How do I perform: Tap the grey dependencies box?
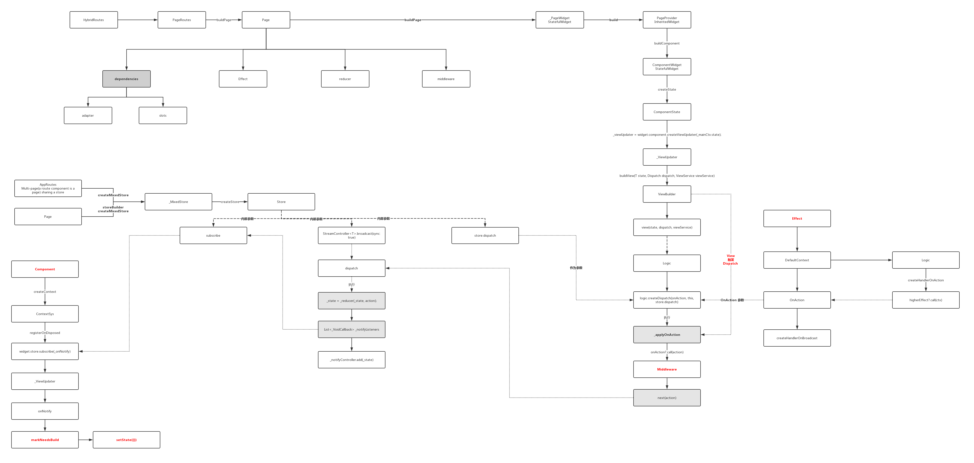point(126,79)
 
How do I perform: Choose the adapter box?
point(88,115)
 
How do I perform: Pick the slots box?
point(163,115)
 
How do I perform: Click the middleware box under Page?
point(446,79)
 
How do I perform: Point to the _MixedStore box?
point(178,202)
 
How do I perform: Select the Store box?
point(281,202)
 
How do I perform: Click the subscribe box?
point(213,235)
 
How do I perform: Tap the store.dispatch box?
point(485,235)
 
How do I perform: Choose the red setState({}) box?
point(126,440)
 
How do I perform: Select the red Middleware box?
point(667,369)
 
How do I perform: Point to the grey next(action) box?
point(667,398)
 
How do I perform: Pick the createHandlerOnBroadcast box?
point(797,338)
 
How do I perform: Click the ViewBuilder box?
point(667,194)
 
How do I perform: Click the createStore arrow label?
point(230,202)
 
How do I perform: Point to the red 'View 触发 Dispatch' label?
point(730,259)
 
